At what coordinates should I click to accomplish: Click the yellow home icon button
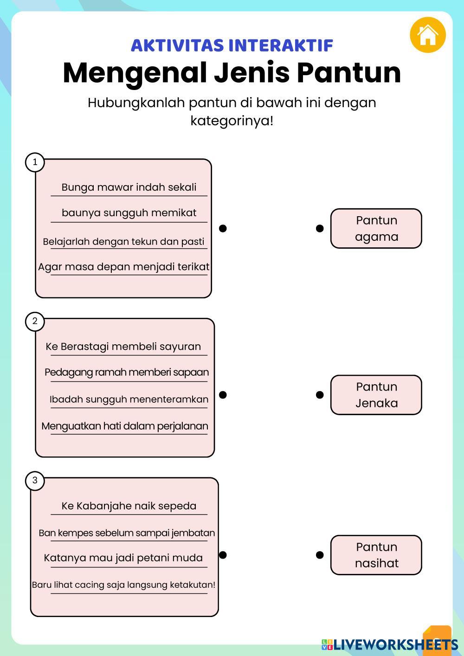tap(427, 35)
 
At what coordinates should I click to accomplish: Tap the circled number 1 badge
tap(35, 162)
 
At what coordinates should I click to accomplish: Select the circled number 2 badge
tap(35, 322)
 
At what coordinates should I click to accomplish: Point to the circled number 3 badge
tap(35, 481)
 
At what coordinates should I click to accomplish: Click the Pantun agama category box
tap(376, 228)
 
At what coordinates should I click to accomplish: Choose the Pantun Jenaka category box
tap(376, 395)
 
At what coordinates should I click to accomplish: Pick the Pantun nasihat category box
tap(376, 555)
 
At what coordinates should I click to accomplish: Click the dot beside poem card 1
tap(223, 228)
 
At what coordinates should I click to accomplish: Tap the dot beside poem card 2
tap(223, 395)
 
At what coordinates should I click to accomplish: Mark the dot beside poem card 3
tap(223, 555)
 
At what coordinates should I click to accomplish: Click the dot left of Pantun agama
tap(320, 228)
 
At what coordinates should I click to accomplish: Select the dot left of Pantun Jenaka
tap(320, 395)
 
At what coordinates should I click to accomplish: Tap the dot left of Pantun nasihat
tap(320, 555)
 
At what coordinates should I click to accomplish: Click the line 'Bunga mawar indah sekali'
tap(129, 187)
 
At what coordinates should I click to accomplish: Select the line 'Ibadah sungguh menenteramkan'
tap(129, 399)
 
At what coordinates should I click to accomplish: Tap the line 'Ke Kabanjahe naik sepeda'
tap(129, 506)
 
